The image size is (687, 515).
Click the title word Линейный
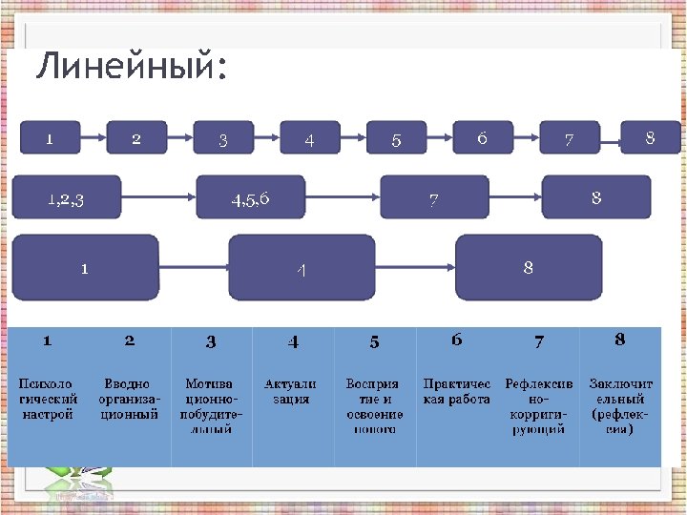point(131,69)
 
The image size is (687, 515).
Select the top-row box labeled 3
point(222,138)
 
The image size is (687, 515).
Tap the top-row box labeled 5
point(396,138)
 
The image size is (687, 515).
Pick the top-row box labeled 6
point(482,137)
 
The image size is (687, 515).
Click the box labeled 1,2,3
point(67,196)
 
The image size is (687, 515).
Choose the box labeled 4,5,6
point(251,197)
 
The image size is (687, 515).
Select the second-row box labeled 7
point(434,197)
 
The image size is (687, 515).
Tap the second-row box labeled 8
point(596,196)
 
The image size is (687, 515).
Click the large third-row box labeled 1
point(85,268)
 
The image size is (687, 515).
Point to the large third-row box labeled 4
point(301,269)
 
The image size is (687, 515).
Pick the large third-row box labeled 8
point(529,268)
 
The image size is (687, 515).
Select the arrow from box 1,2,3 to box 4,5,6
point(159,197)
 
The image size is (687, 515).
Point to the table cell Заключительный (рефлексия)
point(619,406)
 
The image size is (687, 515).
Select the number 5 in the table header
point(375,341)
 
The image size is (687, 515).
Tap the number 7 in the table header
point(539,340)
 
